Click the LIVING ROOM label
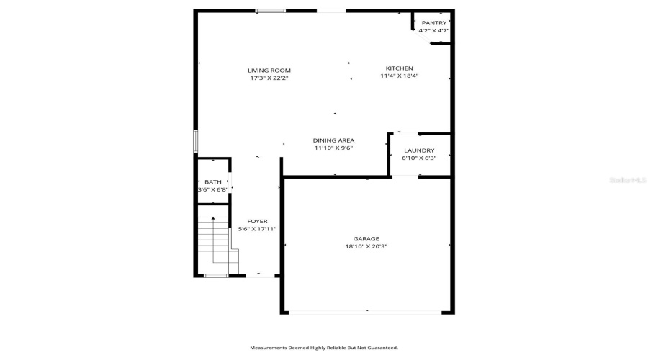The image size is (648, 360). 269,71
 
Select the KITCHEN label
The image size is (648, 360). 400,68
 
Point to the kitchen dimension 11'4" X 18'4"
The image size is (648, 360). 400,76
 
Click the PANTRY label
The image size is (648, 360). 433,23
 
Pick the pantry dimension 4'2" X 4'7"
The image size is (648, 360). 433,30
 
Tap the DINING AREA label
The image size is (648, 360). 333,140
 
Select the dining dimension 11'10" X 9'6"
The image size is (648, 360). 333,148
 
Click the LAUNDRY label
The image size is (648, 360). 419,150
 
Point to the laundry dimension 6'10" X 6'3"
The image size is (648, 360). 419,158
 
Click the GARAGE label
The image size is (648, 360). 366,239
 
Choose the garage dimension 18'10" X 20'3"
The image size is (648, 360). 366,246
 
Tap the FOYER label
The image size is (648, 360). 257,222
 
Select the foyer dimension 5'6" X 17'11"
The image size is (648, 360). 257,229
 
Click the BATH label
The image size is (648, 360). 213,182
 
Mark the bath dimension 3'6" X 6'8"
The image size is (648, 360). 213,189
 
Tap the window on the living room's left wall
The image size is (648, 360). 195,140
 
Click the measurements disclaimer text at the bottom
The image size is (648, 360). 324,347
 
